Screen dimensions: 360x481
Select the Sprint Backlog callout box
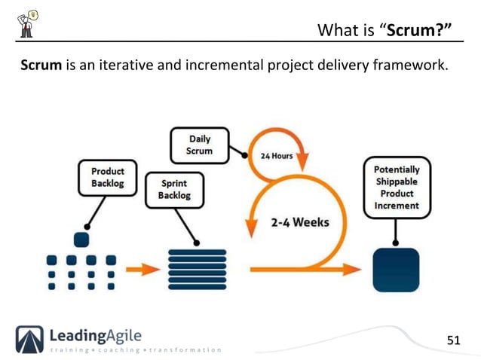coord(174,190)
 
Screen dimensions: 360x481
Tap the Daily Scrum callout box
coord(199,145)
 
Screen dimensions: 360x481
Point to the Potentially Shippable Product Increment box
coord(397,188)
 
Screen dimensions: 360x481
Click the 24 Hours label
coord(277,157)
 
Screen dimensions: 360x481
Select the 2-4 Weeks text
coord(299,224)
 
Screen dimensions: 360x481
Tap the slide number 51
coord(452,340)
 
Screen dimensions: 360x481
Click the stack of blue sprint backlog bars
coord(197,267)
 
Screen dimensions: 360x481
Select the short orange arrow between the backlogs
coord(142,268)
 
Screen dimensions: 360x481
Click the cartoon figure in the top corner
coord(26,23)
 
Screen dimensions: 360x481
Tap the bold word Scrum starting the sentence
coord(41,66)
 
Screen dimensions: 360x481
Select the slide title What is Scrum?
coord(384,30)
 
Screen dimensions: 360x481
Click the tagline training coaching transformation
coord(136,350)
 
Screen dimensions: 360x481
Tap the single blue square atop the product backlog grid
coord(81,239)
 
